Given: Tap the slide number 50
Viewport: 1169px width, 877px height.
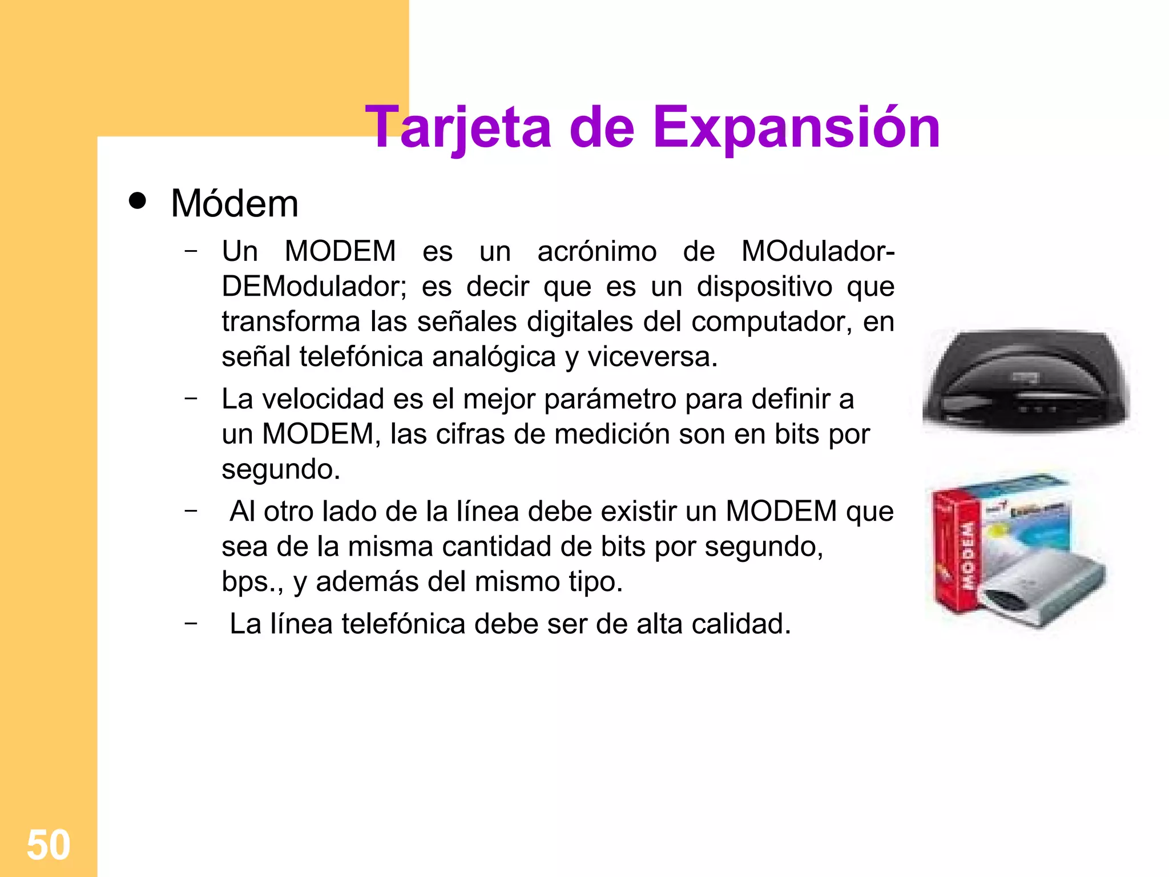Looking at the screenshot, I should coord(49,844).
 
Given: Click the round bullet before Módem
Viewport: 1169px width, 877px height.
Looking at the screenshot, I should coord(138,201).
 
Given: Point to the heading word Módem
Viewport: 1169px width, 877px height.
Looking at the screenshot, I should coord(235,203).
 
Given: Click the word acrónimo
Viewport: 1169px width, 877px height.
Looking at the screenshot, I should coord(596,251).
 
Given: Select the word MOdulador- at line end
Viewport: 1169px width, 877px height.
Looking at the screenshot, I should coord(817,251).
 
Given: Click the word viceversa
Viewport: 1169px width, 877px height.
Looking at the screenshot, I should coord(652,357).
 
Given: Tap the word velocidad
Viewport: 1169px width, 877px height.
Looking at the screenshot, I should coord(323,399).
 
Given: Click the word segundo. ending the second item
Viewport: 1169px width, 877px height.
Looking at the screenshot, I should coord(281,469).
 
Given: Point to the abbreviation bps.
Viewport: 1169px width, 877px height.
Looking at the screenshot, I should coord(252,582).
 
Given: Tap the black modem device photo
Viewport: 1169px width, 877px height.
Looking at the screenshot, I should coord(1026,380).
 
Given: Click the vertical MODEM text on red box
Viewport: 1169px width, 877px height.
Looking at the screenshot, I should coord(968,554).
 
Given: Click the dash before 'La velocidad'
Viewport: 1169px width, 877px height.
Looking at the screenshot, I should coord(191,397).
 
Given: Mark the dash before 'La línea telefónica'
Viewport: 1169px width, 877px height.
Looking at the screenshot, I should coord(191,622).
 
